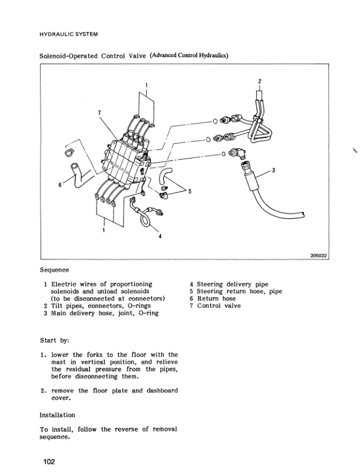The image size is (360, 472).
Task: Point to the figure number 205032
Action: coord(319,257)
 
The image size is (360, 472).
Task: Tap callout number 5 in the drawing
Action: coord(189,191)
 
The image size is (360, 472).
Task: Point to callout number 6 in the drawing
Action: coord(60,185)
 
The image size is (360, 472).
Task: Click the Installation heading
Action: coord(57,414)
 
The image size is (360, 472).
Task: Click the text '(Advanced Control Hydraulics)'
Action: coord(190,55)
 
